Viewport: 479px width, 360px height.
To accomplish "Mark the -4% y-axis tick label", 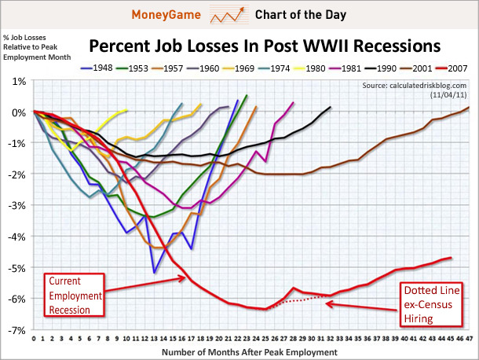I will [18, 237].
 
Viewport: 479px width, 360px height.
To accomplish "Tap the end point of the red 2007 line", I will [451, 257].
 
